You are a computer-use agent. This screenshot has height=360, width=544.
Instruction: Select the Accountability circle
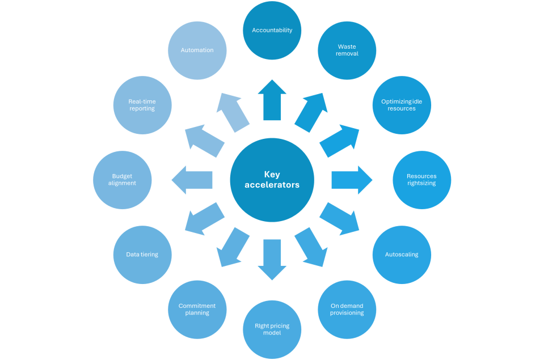272,30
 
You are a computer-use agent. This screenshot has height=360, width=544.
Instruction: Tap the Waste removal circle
347,50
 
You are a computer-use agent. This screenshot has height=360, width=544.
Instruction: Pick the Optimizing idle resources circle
402,105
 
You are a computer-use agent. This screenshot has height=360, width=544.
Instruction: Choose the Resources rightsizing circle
421,180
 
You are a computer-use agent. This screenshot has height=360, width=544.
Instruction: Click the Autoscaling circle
402,255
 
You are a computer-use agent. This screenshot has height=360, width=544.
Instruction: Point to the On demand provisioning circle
347,309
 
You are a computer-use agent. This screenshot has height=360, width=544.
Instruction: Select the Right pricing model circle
272,329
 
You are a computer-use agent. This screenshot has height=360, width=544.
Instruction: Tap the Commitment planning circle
197,309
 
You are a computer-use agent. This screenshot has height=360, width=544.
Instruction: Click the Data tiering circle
142,255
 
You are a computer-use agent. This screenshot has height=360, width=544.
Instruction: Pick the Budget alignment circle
122,180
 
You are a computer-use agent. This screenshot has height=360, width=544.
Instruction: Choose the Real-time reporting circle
142,105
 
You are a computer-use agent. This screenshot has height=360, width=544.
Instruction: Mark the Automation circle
197,50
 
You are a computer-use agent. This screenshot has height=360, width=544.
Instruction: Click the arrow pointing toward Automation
234,112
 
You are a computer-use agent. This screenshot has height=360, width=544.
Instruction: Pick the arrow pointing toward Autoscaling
340,219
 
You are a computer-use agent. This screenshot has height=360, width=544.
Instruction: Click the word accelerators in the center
272,185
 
